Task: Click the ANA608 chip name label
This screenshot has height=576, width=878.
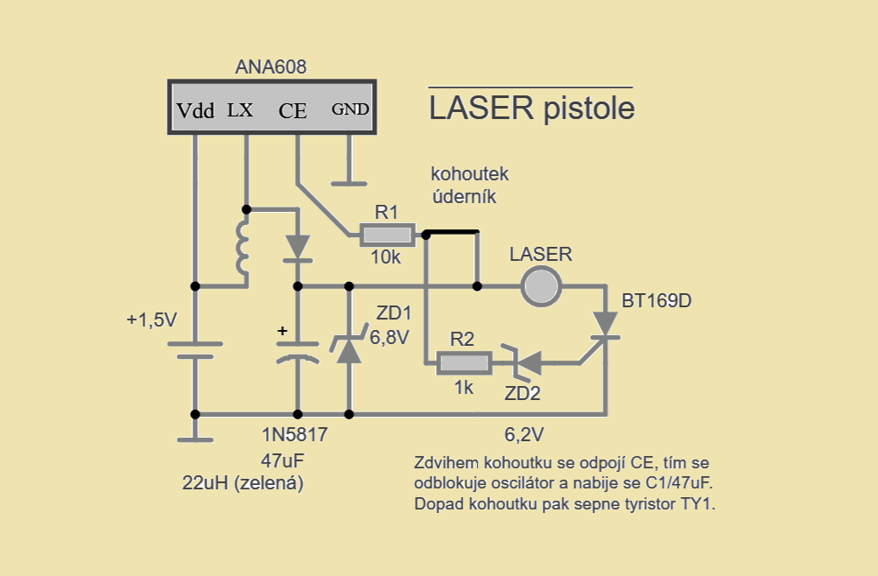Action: [271, 67]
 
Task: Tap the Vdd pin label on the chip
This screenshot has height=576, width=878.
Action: [195, 111]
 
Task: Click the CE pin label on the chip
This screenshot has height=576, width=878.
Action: [292, 111]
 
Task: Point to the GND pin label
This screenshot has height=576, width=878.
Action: [350, 110]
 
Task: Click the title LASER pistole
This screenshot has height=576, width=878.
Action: [532, 109]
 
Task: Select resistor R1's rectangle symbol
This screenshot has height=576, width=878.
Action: [386, 235]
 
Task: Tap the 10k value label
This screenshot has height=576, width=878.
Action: [386, 257]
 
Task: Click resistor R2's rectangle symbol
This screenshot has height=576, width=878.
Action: [463, 362]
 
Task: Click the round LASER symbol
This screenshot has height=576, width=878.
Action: [540, 286]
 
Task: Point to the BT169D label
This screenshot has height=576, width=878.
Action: [657, 301]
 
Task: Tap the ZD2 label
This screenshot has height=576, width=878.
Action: [523, 393]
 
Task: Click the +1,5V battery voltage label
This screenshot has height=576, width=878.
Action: [151, 320]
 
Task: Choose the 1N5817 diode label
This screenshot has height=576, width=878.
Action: [294, 434]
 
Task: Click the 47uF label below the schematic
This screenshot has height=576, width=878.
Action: [282, 460]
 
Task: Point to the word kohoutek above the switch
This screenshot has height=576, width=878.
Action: [469, 174]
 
